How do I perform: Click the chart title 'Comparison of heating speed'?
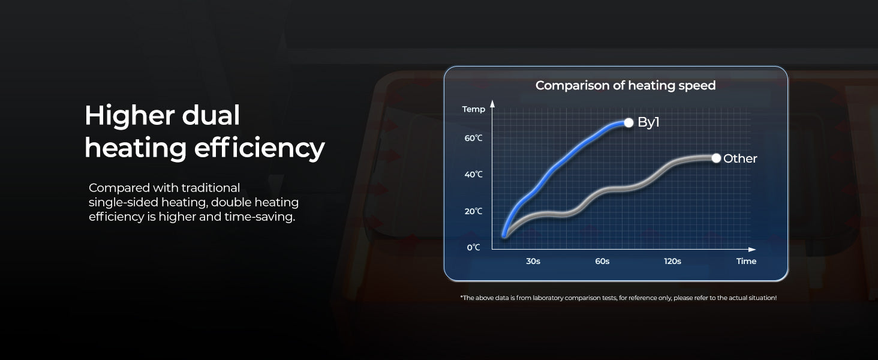point(625,85)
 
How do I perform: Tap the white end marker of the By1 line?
point(629,123)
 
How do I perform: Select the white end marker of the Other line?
point(716,158)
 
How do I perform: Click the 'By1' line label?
point(648,122)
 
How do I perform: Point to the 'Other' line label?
point(740,158)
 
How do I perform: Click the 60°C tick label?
point(474,138)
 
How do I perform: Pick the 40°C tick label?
point(474,175)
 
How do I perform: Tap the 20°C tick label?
point(474,211)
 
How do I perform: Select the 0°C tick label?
point(474,247)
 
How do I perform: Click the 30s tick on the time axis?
point(533,261)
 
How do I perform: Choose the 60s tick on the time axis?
point(602,261)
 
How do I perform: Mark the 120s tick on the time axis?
point(673,261)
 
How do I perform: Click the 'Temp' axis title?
point(474,109)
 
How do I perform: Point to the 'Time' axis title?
point(746,261)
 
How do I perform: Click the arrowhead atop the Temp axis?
point(492,104)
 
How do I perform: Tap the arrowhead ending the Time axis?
point(752,250)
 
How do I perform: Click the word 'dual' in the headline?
point(211,116)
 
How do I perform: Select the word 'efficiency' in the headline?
point(260,149)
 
